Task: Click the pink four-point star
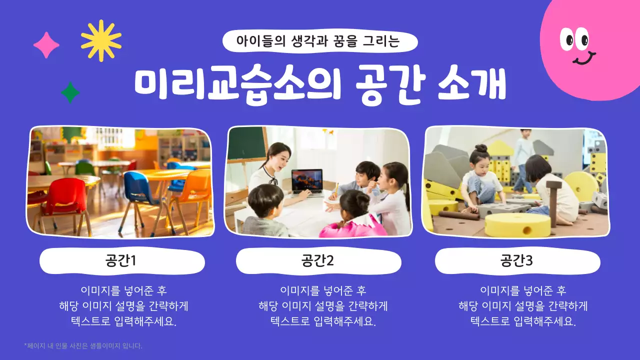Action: click(46, 45)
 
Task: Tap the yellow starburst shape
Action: click(101, 40)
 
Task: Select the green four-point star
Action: click(70, 92)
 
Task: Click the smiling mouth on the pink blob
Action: click(583, 59)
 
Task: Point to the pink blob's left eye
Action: click(567, 39)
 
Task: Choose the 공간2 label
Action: click(318, 261)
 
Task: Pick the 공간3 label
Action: click(517, 261)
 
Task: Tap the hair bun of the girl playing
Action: click(481, 148)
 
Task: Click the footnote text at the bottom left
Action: click(83, 345)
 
